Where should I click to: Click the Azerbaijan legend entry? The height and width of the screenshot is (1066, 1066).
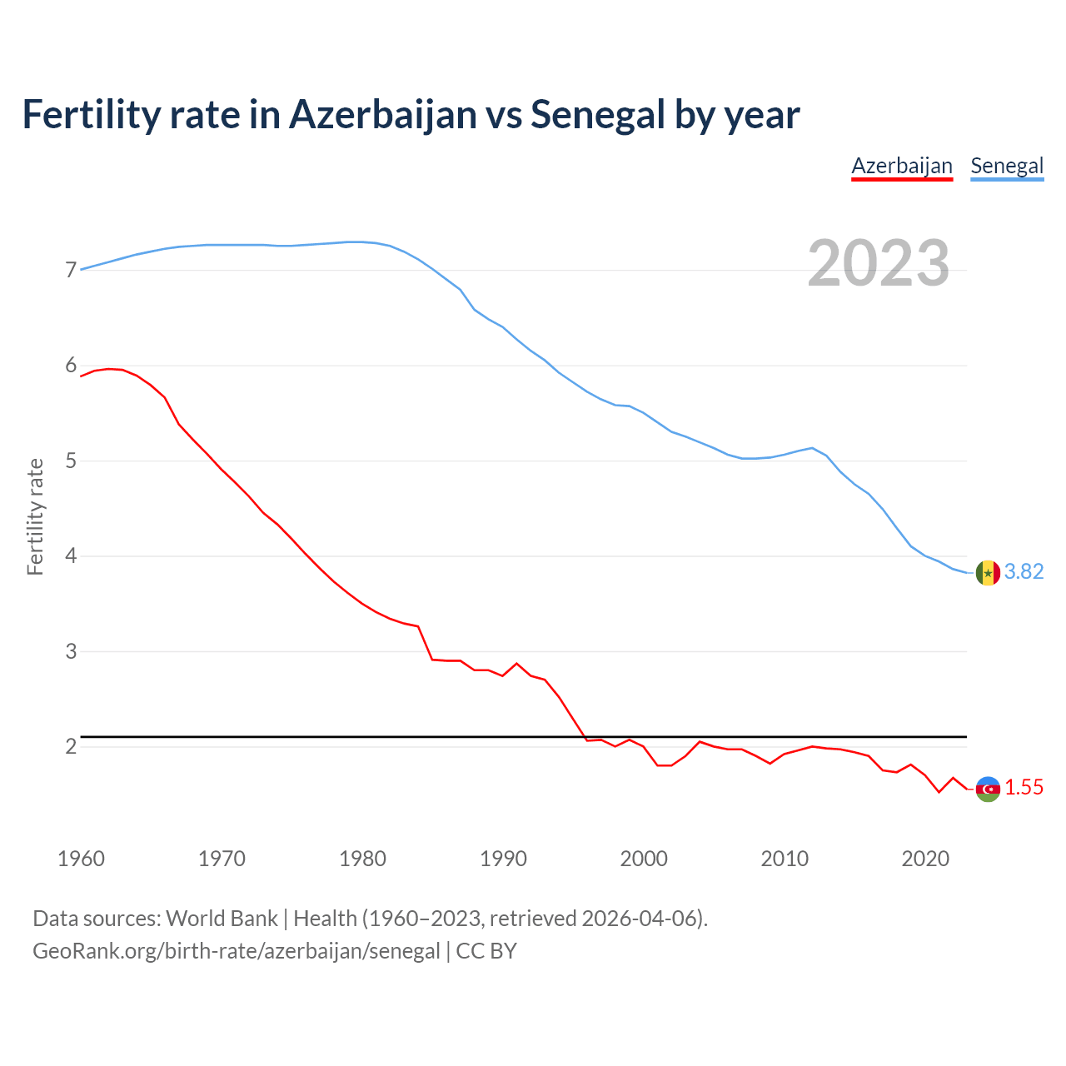point(901,166)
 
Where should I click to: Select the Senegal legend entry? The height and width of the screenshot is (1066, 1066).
point(1007,166)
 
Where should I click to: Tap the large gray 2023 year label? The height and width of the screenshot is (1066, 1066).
point(879,263)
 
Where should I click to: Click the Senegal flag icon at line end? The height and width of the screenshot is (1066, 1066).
point(988,573)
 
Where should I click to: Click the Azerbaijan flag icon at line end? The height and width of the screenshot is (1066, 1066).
point(988,789)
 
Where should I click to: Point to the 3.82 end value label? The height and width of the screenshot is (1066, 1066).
point(1024,571)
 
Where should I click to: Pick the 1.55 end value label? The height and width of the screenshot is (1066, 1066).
point(1024,787)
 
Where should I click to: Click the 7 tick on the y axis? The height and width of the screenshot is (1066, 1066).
point(71,270)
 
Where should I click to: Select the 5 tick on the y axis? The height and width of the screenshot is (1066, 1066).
point(71,461)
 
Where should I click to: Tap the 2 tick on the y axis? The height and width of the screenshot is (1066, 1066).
point(71,746)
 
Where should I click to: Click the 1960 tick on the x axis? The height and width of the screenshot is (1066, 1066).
point(81,859)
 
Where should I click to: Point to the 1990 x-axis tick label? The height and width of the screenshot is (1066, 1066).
point(503,859)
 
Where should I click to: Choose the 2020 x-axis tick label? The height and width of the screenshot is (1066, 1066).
point(925,859)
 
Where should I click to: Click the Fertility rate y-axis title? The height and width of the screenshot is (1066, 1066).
point(35,516)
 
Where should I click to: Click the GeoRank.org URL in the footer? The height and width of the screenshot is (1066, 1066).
point(236,951)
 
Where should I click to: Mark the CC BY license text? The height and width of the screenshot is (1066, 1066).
point(486,951)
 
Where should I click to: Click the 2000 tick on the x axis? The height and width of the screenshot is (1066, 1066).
point(644,859)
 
